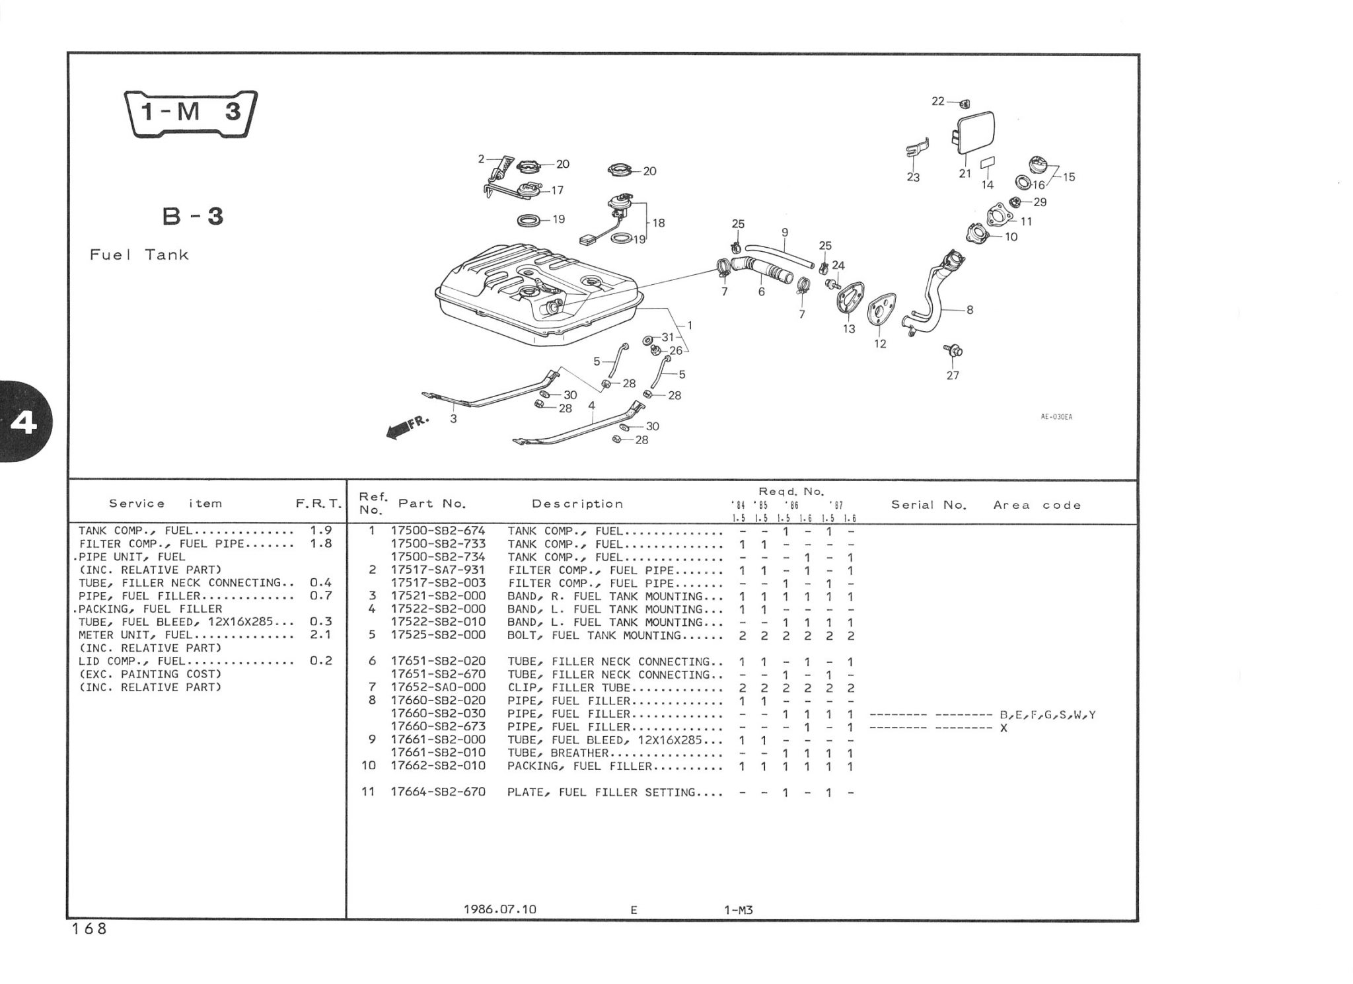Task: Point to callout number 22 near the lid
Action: pos(938,101)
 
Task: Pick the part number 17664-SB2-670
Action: pos(438,792)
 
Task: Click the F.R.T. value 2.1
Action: pos(320,634)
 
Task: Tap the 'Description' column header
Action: pos(577,504)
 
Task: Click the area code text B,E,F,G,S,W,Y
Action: pos(1047,714)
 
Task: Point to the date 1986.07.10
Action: pos(500,909)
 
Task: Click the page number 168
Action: pos(89,928)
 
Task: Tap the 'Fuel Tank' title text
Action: pos(139,254)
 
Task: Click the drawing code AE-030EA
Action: pos(1056,417)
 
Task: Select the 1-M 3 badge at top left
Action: pos(191,113)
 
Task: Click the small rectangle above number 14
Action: pos(987,163)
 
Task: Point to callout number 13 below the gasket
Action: pos(848,328)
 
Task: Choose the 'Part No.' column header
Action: pos(432,504)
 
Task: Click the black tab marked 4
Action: pos(23,422)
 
